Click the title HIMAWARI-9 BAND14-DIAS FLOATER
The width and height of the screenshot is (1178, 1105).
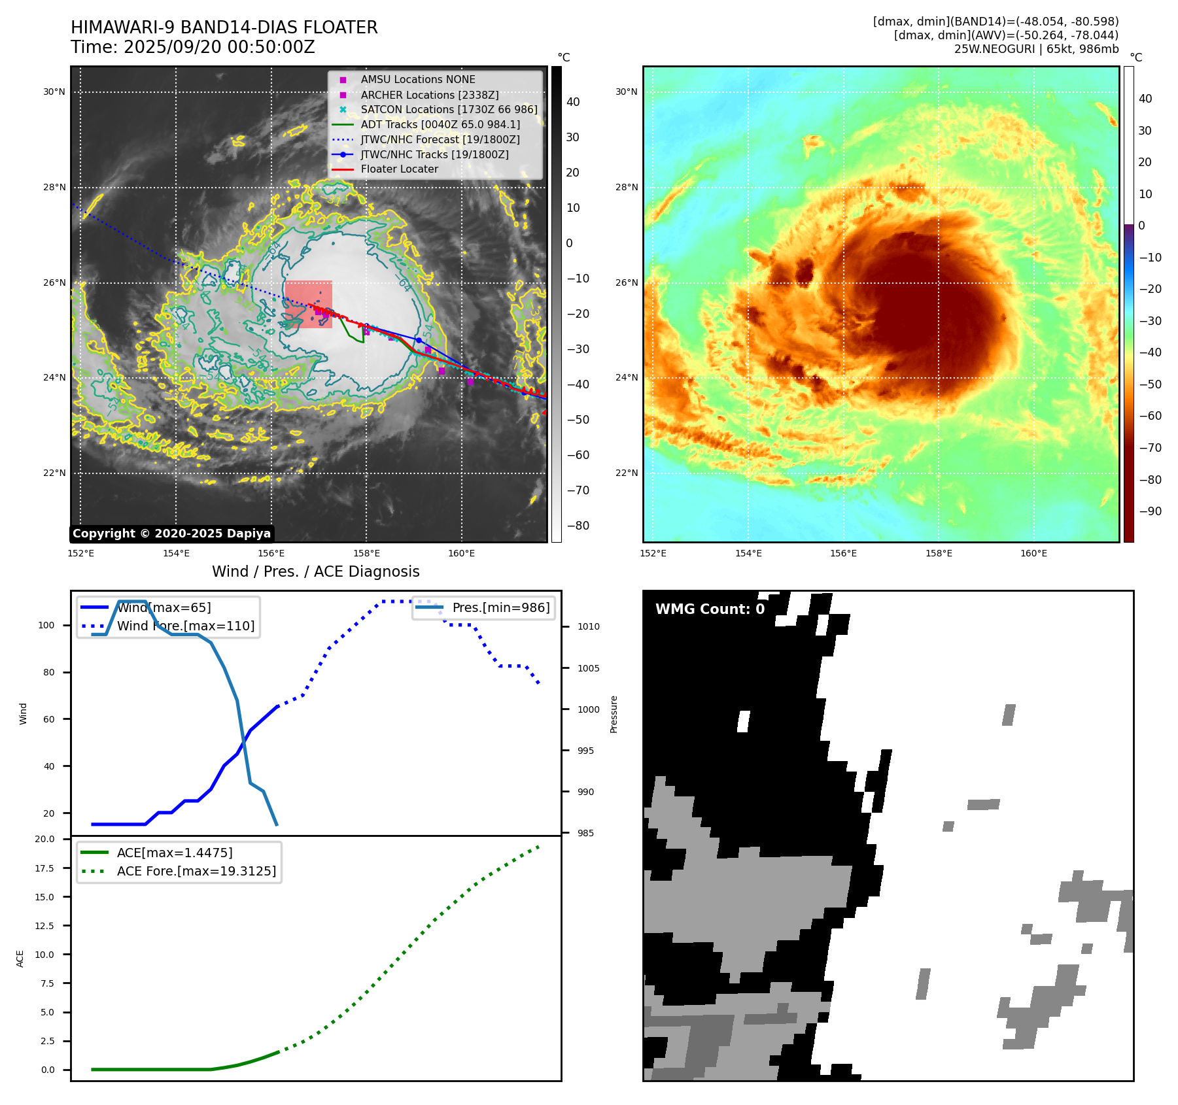pyautogui.click(x=224, y=27)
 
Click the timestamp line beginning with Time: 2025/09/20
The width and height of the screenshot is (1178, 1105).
pyautogui.click(x=193, y=47)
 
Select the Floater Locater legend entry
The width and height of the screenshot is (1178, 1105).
pyautogui.click(x=399, y=169)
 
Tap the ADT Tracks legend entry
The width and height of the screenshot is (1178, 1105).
pyautogui.click(x=440, y=124)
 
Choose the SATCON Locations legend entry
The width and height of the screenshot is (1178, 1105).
pyautogui.click(x=449, y=109)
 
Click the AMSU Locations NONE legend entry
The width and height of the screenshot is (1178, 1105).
pyautogui.click(x=418, y=79)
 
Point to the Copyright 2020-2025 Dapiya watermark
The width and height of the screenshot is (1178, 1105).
pyautogui.click(x=171, y=534)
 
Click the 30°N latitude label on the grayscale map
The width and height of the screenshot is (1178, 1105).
pyautogui.click(x=54, y=92)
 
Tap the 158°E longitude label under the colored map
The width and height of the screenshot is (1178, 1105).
pyautogui.click(x=939, y=554)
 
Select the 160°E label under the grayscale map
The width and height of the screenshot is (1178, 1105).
pyautogui.click(x=461, y=554)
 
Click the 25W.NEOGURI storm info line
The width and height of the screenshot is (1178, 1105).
pyautogui.click(x=1036, y=49)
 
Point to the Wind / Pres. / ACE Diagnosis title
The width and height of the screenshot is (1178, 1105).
pyautogui.click(x=315, y=571)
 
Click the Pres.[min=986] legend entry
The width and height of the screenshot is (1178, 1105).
pyautogui.click(x=500, y=607)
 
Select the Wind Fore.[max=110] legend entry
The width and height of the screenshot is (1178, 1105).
pyautogui.click(x=185, y=626)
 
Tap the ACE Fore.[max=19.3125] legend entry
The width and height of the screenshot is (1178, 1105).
pyautogui.click(x=196, y=871)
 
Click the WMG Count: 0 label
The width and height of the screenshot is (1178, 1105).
pyautogui.click(x=710, y=609)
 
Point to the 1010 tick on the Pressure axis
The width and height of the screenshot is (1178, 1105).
pyautogui.click(x=588, y=626)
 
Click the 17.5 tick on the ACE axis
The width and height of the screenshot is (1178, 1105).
pyautogui.click(x=44, y=868)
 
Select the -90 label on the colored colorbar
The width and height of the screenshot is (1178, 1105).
pyautogui.click(x=1150, y=511)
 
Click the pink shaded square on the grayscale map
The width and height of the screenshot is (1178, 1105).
pyautogui.click(x=309, y=305)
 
